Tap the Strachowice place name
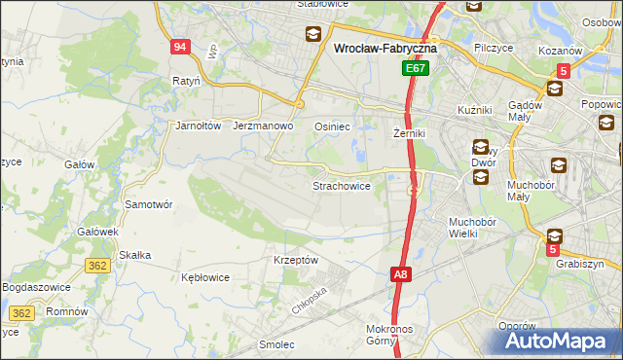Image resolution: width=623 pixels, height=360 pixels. (341, 185)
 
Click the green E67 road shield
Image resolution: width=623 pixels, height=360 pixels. (416, 69)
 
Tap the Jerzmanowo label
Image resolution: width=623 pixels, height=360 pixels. (264, 126)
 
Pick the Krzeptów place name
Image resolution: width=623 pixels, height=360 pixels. (296, 260)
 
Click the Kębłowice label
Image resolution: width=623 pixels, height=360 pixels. (205, 277)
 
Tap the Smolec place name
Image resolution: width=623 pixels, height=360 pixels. (276, 344)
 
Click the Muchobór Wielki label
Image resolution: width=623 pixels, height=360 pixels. (473, 228)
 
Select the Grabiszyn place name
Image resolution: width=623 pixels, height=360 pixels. (580, 263)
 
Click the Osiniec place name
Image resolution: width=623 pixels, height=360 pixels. (332, 126)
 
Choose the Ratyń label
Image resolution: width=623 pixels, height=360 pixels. (185, 81)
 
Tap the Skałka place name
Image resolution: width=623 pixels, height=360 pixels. (133, 255)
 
